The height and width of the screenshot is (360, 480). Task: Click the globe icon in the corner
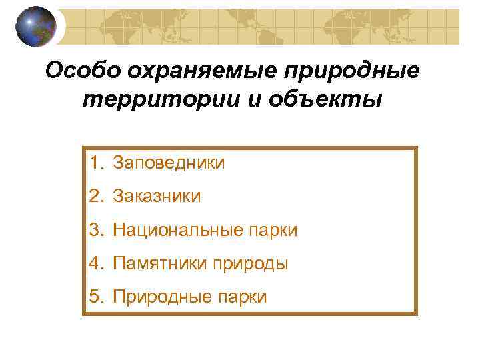(x=35, y=27)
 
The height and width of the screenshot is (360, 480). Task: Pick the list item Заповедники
(x=169, y=162)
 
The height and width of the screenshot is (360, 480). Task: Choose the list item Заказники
(x=157, y=196)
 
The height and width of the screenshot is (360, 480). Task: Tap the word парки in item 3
(x=272, y=230)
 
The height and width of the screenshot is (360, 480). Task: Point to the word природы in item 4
(x=251, y=264)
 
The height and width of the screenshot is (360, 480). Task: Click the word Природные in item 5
(x=159, y=297)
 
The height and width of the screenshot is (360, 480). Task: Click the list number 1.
(x=97, y=162)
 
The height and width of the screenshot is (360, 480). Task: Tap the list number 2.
(x=97, y=196)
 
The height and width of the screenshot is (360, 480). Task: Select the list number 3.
(x=97, y=230)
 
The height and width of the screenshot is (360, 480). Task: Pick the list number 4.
(x=97, y=264)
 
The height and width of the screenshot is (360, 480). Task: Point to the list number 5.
(x=97, y=297)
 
